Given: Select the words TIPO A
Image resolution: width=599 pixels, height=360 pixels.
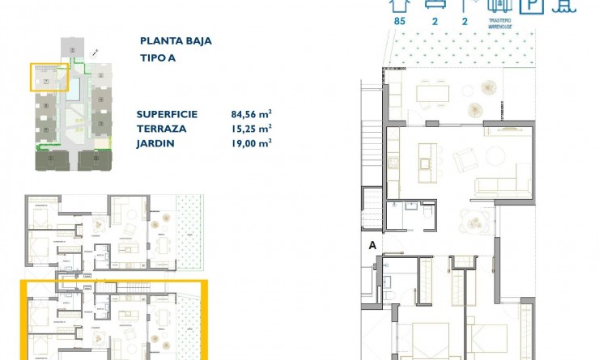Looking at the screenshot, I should pyautogui.click(x=157, y=57).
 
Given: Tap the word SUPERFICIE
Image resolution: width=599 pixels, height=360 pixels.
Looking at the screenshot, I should pyautogui.click(x=168, y=115).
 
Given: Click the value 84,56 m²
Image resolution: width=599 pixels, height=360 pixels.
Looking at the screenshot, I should pyautogui.click(x=251, y=115).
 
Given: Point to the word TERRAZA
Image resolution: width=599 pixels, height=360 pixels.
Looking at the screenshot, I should pyautogui.click(x=162, y=129).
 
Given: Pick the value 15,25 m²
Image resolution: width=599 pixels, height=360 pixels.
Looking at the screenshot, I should pyautogui.click(x=251, y=129).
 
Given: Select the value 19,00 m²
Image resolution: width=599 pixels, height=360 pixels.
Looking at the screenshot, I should pyautogui.click(x=251, y=142).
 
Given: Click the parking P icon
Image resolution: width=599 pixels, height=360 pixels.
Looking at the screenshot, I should pyautogui.click(x=531, y=6).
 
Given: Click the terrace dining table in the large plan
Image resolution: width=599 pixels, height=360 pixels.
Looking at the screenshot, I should pyautogui.click(x=432, y=93).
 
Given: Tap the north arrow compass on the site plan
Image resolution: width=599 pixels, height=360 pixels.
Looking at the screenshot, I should pyautogui.click(x=96, y=52).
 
